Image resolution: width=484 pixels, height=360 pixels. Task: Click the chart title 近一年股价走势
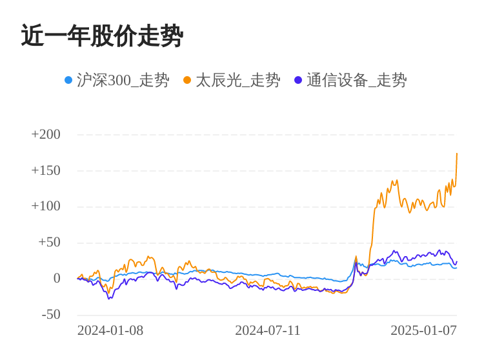102,36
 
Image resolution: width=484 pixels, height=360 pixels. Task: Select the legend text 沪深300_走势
123,80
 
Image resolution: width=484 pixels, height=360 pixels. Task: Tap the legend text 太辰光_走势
237,80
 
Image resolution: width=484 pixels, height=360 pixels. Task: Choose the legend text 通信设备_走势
356,80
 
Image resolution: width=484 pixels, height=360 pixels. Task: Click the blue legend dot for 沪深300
68,80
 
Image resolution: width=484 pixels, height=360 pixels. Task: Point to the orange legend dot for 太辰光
187,80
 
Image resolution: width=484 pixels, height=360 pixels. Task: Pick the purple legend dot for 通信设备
298,80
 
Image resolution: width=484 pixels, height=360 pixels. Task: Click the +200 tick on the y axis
46,134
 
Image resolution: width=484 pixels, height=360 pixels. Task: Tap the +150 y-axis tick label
46,170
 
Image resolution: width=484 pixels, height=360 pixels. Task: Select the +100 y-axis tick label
46,206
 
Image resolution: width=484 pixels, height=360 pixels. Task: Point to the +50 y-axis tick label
49,242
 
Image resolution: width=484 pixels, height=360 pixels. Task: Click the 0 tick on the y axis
57,278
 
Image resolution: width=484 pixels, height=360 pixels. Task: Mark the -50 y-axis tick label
51,314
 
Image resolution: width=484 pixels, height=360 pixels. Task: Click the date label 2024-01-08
110,330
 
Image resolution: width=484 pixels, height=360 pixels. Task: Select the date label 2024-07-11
268,330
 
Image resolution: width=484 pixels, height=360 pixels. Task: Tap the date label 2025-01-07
423,330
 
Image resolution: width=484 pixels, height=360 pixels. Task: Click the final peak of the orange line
457,154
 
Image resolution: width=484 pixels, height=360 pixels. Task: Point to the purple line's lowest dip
109,298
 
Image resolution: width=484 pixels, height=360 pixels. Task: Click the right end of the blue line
456,267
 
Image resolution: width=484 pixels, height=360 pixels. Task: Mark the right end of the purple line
457,261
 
